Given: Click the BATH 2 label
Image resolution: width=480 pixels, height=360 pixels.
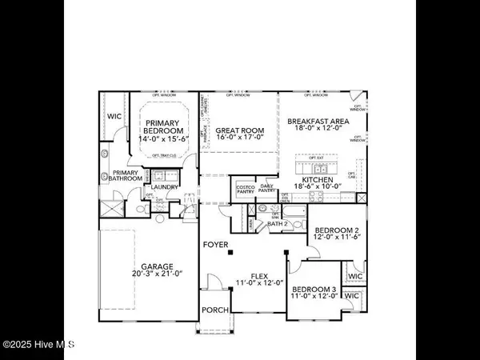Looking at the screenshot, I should point(278,223).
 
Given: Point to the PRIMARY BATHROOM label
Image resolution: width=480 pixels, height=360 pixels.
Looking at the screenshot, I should point(126,176).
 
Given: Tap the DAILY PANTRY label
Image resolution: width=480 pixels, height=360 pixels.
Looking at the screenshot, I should point(266,189).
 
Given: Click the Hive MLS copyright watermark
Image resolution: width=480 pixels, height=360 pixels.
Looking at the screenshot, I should point(38,345).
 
